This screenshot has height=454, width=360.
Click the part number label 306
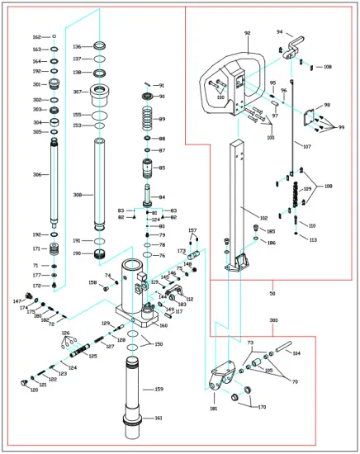pyautogui.click(x=36, y=175)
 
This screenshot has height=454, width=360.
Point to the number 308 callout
pyautogui.click(x=77, y=195)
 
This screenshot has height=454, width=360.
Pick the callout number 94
pyautogui.click(x=279, y=31)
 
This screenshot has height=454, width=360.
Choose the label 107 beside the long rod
pyautogui.click(x=307, y=147)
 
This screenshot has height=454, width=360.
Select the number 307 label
pyautogui.click(x=77, y=92)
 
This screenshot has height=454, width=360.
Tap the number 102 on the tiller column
pyautogui.click(x=263, y=218)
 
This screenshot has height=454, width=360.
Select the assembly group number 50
pyautogui.click(x=272, y=293)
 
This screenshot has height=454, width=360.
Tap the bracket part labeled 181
pyautogui.click(x=217, y=385)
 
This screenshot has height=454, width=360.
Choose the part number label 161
pyautogui.click(x=159, y=418)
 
